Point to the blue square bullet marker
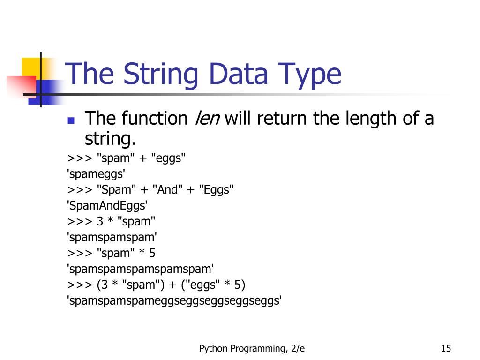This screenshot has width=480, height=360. [x=71, y=120]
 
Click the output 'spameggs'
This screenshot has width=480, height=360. [x=97, y=174]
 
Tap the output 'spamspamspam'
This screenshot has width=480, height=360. [x=112, y=237]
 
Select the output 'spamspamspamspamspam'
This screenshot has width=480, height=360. [x=141, y=269]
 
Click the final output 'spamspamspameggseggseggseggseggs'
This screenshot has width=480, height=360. [x=175, y=300]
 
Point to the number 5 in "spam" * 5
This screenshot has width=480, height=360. [x=152, y=253]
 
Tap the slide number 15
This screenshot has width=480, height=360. [x=446, y=348]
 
